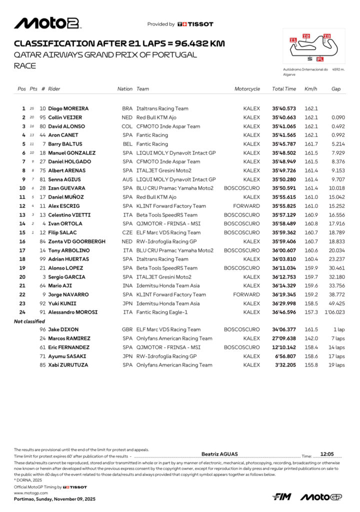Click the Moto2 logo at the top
[x=47, y=23]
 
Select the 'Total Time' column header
[x=284, y=89]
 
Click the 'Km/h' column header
[x=310, y=89]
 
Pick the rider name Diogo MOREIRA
[x=68, y=108]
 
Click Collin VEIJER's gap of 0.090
[x=337, y=117]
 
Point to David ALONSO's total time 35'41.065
[x=284, y=126]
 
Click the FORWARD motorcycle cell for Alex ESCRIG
[x=247, y=206]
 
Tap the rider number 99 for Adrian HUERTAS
[x=43, y=259]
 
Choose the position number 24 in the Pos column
[x=22, y=312]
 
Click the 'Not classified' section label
[x=29, y=321]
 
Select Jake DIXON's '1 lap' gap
[x=337, y=329]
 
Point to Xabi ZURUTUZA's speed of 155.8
[x=311, y=365]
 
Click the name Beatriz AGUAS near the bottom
[x=219, y=454]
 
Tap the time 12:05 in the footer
[x=327, y=454]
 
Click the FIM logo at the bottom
[x=282, y=496]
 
